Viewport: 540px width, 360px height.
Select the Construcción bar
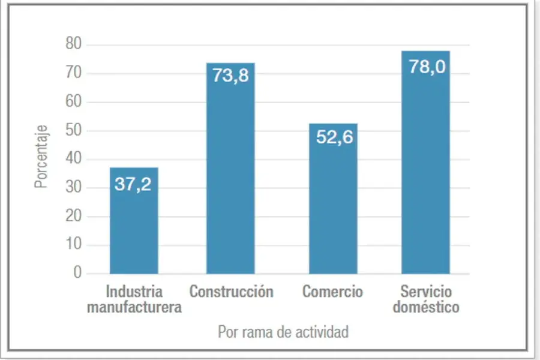click(230, 180)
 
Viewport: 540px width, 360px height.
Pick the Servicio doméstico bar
click(425, 174)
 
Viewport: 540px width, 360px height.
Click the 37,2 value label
click(133, 184)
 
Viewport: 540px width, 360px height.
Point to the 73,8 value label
click(230, 76)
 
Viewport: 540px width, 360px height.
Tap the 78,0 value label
click(427, 66)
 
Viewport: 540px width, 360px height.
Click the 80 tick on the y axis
click(73, 45)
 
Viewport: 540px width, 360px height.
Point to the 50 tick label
click(73, 131)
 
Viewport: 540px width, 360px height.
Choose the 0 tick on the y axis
click(77, 274)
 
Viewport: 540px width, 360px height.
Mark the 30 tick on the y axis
click(73, 188)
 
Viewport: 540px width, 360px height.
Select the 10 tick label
click(73, 245)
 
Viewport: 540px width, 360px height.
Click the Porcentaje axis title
click(41, 156)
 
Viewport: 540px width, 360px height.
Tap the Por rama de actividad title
click(283, 332)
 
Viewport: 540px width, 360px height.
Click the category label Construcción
click(232, 292)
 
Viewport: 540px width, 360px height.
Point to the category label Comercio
click(332, 292)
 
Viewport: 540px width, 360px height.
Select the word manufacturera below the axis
click(134, 308)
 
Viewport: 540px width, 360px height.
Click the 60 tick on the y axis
click(73, 102)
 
